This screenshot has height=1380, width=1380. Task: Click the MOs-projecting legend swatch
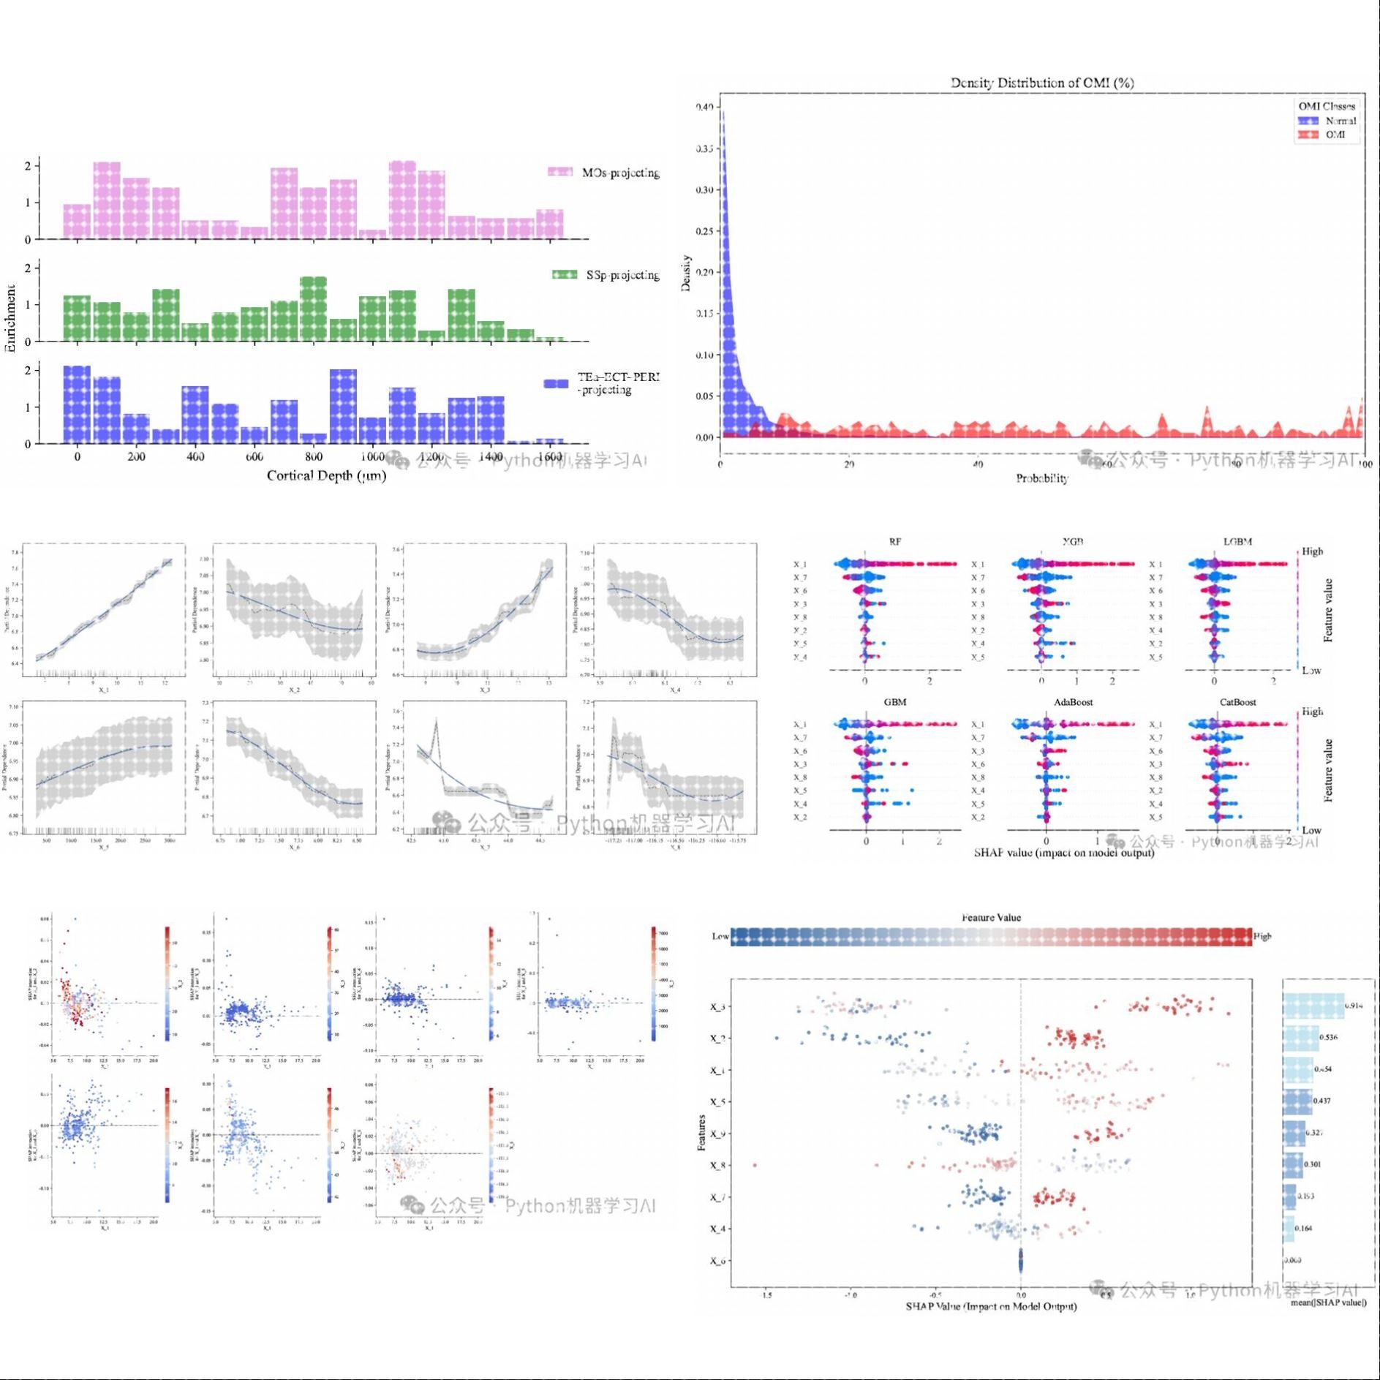(x=560, y=172)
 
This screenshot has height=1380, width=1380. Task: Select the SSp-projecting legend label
(x=622, y=275)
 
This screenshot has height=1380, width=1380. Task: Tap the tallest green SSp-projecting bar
(x=313, y=309)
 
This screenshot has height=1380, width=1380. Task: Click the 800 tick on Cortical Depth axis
(x=313, y=457)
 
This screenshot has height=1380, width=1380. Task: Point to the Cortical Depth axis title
(x=326, y=476)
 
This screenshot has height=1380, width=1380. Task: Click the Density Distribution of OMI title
(x=1041, y=83)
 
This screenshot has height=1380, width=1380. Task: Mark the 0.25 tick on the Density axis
(x=704, y=231)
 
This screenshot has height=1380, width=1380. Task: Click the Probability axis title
(x=1041, y=478)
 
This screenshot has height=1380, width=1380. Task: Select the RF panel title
(x=895, y=542)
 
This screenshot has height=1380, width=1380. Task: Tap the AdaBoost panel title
(x=1073, y=702)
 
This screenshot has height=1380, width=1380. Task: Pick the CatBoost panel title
(x=1237, y=702)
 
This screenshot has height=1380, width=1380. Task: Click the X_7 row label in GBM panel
(x=800, y=738)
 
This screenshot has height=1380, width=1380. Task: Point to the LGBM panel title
(x=1237, y=542)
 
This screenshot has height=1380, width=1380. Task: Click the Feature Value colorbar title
(x=991, y=917)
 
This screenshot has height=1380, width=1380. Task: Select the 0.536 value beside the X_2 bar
(x=1329, y=1037)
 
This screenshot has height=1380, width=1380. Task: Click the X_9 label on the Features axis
(x=717, y=1134)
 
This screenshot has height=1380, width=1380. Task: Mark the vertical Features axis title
(x=702, y=1133)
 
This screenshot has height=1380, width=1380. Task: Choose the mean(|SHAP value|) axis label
(x=1328, y=1302)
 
